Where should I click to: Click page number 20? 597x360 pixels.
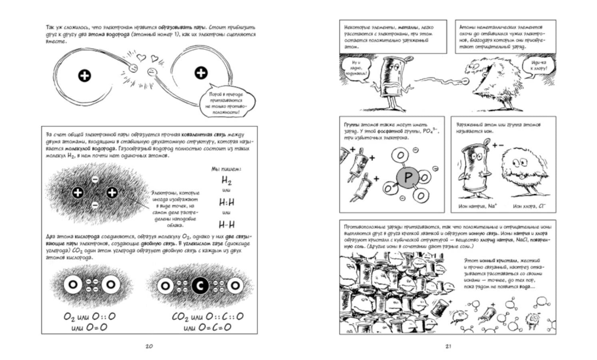click(x=149, y=346)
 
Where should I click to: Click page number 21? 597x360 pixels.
click(x=448, y=346)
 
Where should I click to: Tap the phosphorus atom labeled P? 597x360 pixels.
click(x=407, y=177)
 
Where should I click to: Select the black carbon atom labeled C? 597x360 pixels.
click(x=200, y=286)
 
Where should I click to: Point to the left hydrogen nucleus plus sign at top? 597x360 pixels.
click(x=84, y=75)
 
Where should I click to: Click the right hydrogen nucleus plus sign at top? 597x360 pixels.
click(x=200, y=73)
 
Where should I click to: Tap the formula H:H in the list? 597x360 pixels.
click(x=227, y=202)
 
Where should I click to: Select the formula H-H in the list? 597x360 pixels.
click(x=227, y=224)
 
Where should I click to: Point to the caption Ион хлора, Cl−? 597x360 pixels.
click(x=529, y=206)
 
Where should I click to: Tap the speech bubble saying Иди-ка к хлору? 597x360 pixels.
click(x=539, y=66)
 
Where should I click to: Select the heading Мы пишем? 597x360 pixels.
click(x=226, y=169)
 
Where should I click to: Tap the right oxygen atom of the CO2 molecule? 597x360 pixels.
click(x=235, y=286)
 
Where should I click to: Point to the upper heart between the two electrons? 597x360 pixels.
click(x=140, y=57)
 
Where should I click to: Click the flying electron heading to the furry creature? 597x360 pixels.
click(x=465, y=81)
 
